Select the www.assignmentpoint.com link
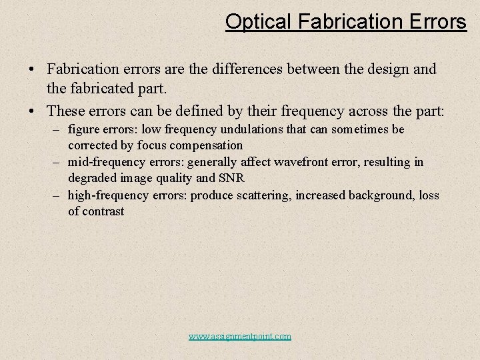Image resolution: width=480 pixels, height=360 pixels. [x=240, y=336]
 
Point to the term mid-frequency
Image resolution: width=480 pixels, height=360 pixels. [x=106, y=162]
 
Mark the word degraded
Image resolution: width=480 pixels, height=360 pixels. [x=91, y=178]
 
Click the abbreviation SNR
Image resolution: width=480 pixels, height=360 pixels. [x=232, y=178]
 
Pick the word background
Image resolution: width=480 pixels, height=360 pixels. [x=374, y=195]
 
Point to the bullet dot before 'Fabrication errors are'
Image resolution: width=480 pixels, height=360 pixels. [x=32, y=69]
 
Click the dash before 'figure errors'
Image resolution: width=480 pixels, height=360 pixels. [x=59, y=129]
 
